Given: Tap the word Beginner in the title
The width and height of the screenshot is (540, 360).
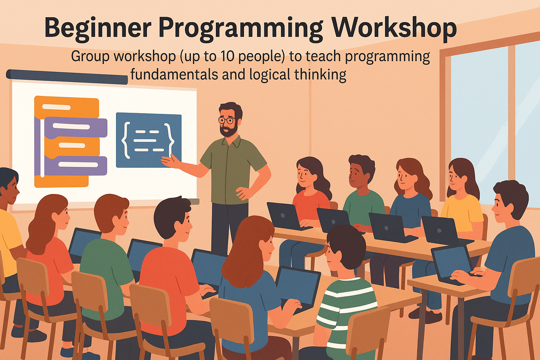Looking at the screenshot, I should [x=98, y=28].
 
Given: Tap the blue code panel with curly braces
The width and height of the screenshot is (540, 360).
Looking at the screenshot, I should [x=148, y=140].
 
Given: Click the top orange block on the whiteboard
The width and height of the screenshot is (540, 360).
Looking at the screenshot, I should [x=67, y=107].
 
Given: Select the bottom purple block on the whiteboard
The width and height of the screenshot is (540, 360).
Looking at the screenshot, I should [x=76, y=165].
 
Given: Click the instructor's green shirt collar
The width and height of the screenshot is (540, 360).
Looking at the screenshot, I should [x=230, y=142].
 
